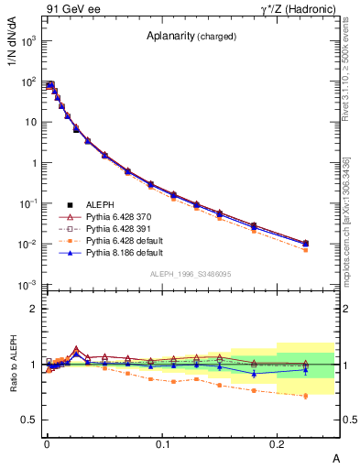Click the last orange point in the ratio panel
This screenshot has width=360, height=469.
[x=306, y=396]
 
